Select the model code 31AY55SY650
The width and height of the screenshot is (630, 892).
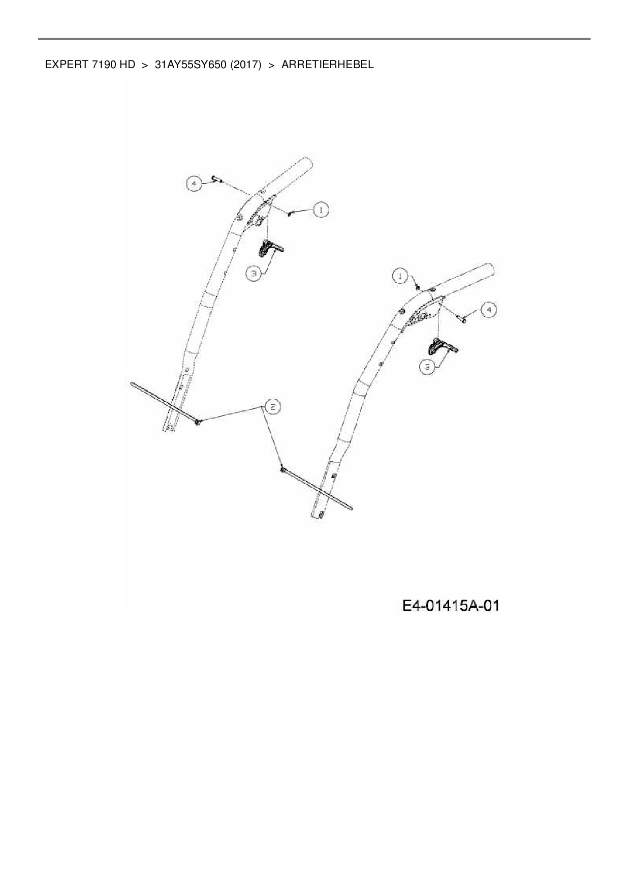click(x=191, y=65)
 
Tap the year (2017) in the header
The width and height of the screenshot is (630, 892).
click(x=245, y=65)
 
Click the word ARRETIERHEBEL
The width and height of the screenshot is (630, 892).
click(x=327, y=65)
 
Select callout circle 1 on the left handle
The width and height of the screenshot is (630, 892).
click(x=321, y=210)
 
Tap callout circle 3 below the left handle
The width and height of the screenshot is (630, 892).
click(x=254, y=273)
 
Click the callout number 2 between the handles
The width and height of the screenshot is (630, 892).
click(x=271, y=406)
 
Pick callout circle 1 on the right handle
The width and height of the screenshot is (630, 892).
click(x=401, y=276)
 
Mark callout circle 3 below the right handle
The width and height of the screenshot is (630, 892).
click(x=428, y=367)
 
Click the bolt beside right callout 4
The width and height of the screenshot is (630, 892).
click(x=463, y=319)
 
